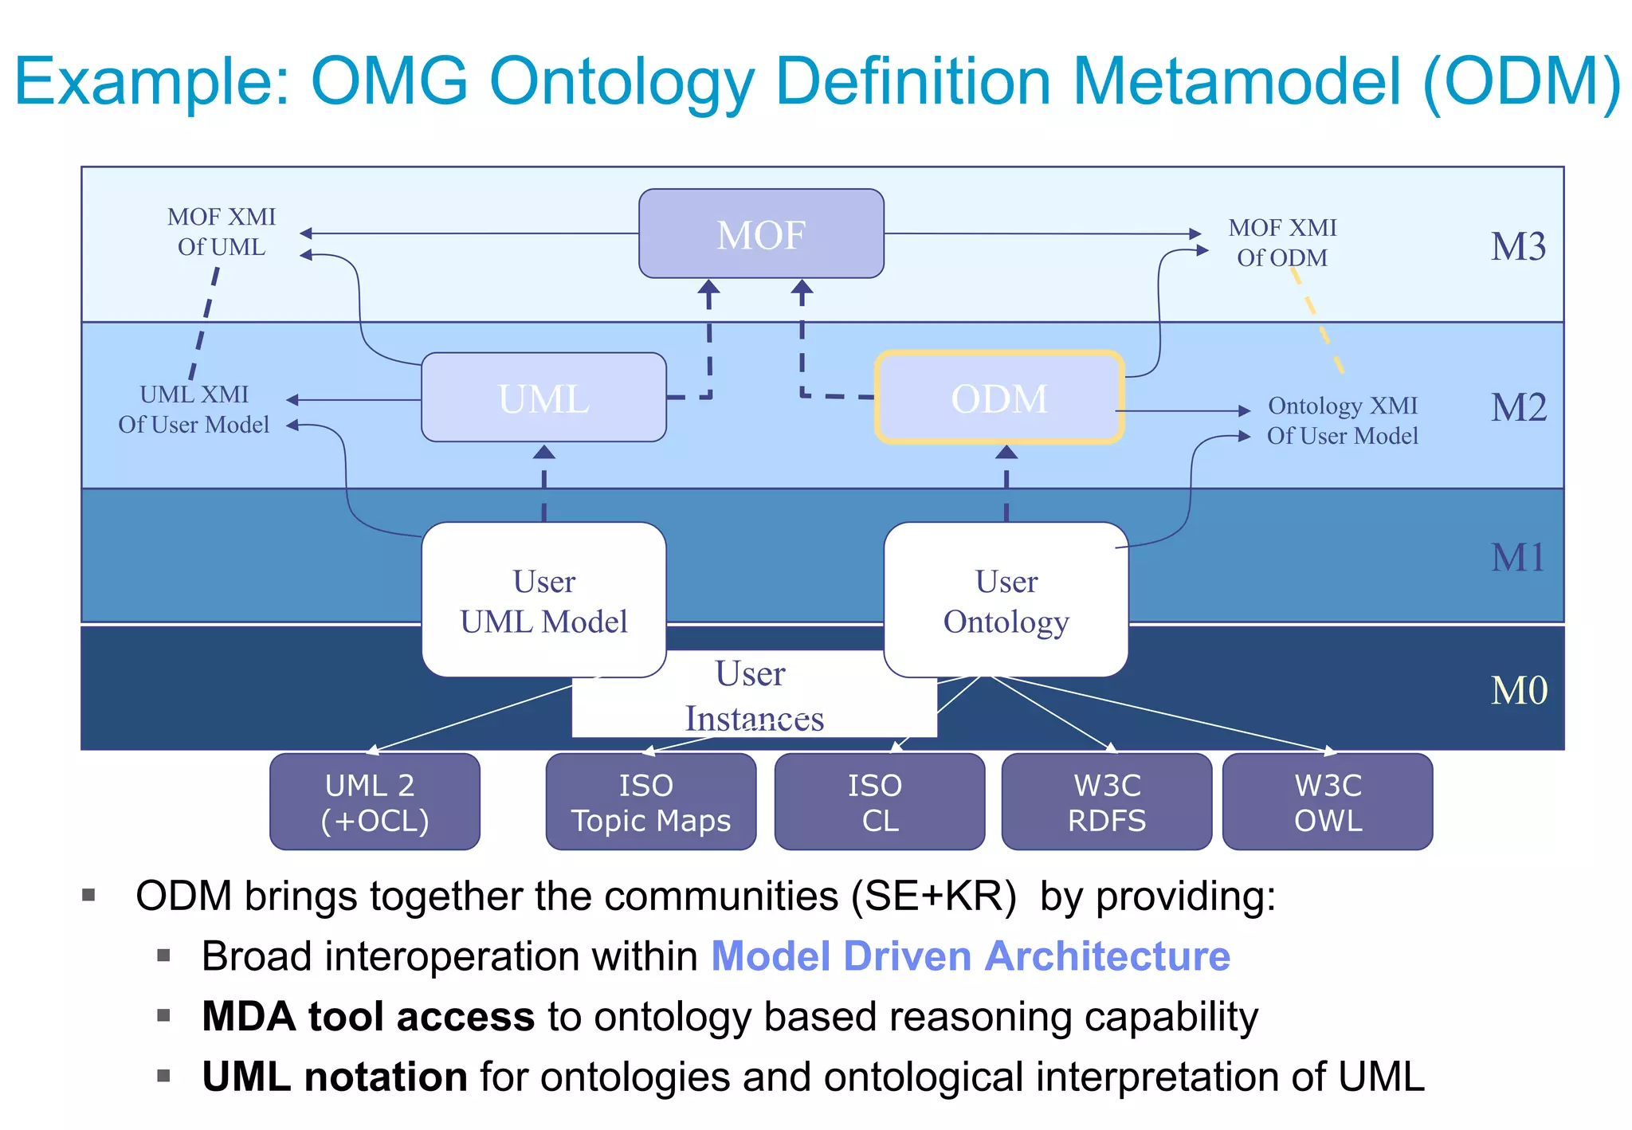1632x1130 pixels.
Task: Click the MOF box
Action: click(x=761, y=234)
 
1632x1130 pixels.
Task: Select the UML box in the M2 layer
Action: click(x=543, y=398)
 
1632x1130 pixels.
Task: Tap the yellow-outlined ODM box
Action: click(x=999, y=398)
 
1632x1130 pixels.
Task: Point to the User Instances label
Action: click(x=753, y=696)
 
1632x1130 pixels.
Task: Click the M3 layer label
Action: click(x=1518, y=246)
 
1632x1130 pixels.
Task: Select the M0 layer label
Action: click(x=1518, y=690)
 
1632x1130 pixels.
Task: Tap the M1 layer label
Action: click(x=1518, y=557)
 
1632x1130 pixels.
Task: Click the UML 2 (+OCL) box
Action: click(x=375, y=802)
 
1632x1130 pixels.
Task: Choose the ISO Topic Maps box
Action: click(x=650, y=802)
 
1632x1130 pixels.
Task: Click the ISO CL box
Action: click(x=879, y=802)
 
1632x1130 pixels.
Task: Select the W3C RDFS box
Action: click(x=1106, y=802)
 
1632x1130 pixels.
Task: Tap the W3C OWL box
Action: click(x=1328, y=802)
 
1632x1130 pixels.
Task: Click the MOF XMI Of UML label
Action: click(x=222, y=232)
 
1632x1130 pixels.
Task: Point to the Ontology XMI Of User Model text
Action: click(x=1343, y=421)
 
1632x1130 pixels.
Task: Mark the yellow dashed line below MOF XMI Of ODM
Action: click(x=1319, y=323)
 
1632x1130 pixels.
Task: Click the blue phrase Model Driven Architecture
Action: click(x=970, y=956)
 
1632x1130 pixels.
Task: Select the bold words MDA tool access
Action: click(x=367, y=1017)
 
